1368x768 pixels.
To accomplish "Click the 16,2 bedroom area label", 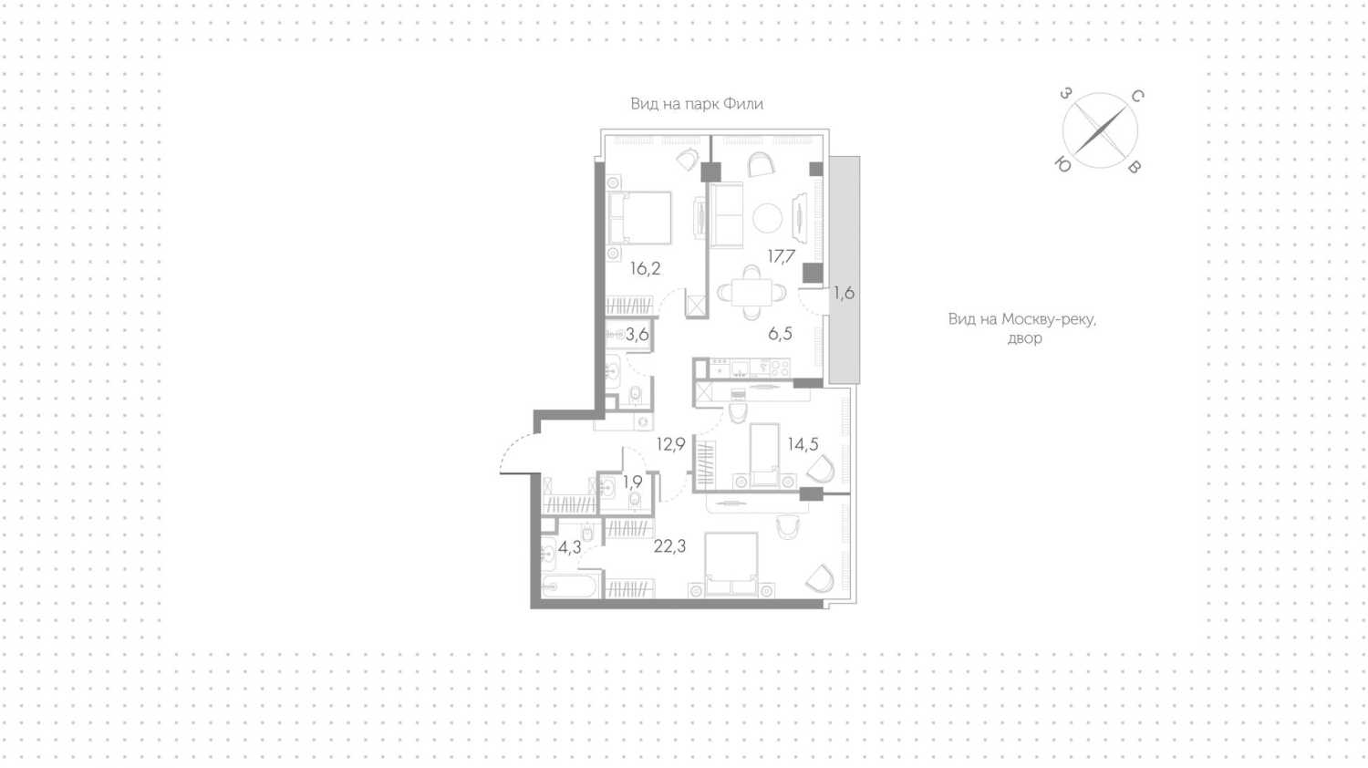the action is tap(645, 268).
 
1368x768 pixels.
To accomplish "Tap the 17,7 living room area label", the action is tap(781, 256).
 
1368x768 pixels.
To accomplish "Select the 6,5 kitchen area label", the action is tap(780, 334).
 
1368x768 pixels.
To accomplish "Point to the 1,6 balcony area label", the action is tap(844, 294).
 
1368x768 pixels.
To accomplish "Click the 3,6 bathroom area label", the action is tap(637, 334).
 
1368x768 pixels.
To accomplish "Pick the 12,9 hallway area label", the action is tap(670, 444).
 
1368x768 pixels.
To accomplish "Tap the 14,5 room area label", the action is tap(803, 444).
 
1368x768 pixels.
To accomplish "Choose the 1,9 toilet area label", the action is tap(633, 483).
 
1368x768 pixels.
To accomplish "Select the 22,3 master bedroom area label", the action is tap(669, 546).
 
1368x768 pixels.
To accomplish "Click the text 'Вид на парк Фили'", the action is tap(697, 104).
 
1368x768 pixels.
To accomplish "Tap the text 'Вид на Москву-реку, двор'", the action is tap(1022, 328).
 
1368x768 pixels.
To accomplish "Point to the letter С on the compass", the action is tap(1137, 96).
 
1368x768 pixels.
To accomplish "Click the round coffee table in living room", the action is tap(767, 217).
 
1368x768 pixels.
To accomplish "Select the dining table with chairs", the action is tap(751, 293).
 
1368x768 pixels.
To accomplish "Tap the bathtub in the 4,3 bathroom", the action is tap(568, 587).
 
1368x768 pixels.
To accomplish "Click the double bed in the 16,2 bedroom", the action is tap(639, 218).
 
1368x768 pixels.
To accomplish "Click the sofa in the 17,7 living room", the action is tap(726, 215).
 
